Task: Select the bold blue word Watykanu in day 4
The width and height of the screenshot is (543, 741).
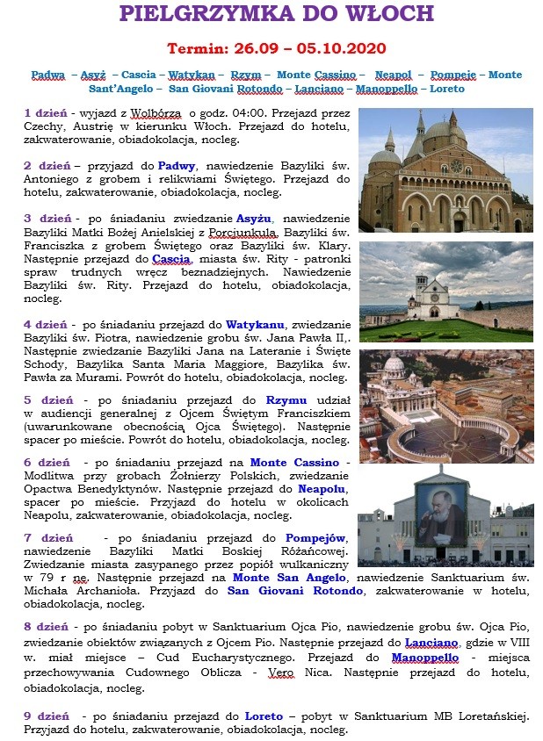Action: coord(257,324)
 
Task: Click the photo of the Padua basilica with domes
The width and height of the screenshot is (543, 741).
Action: coord(445,169)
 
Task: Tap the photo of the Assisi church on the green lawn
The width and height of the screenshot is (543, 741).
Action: coord(445,292)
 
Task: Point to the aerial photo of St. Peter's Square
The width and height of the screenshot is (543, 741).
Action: coord(445,406)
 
